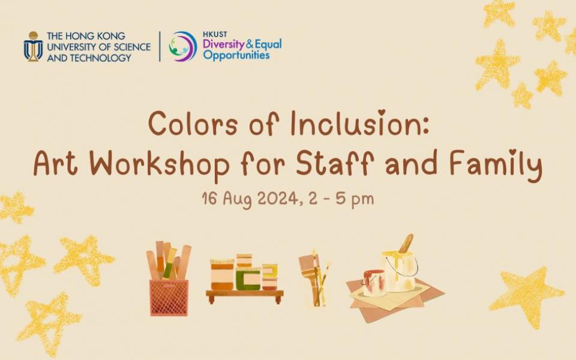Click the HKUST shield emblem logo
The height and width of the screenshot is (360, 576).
point(33,46)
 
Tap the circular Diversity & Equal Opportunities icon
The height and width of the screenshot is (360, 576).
point(182,46)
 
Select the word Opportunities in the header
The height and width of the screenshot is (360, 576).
point(236,55)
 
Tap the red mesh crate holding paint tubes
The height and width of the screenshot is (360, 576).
point(169,296)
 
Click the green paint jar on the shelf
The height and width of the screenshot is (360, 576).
point(247,278)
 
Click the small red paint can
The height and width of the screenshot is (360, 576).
point(374,283)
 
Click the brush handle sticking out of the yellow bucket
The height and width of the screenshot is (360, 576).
point(406,243)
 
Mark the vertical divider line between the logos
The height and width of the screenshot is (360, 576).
point(160,46)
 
